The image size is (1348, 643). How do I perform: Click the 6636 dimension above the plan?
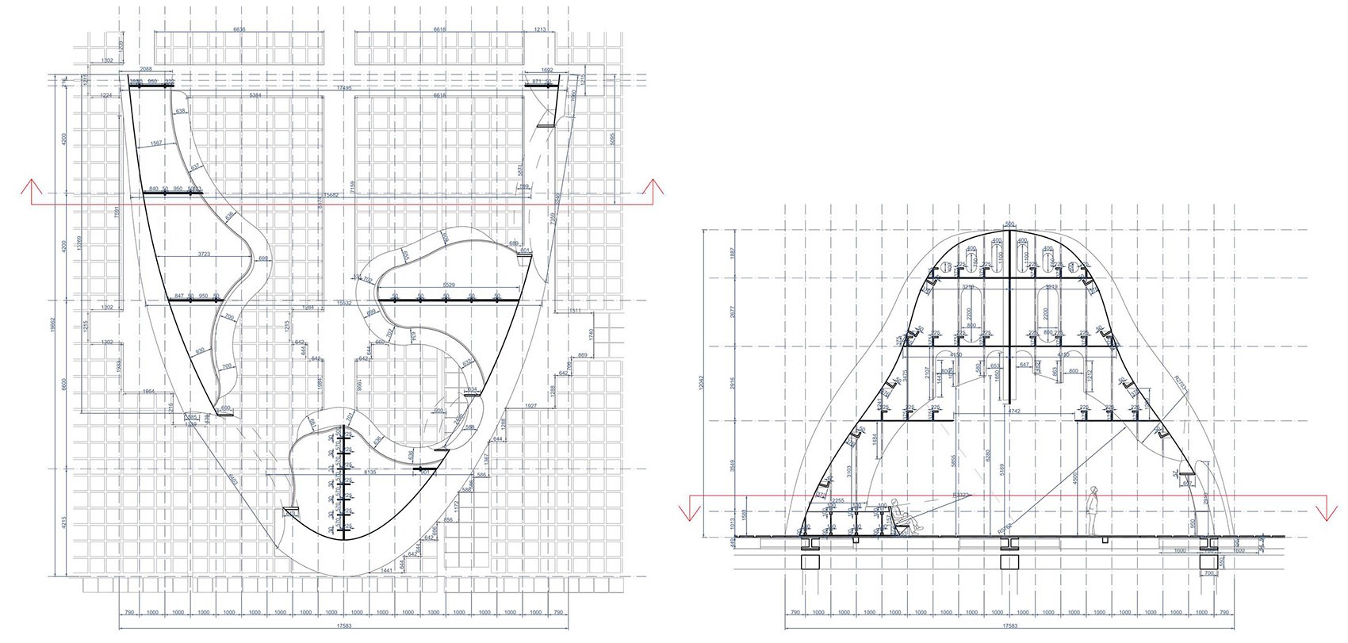[x=239, y=29]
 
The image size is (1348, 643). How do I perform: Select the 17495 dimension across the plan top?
[x=343, y=87]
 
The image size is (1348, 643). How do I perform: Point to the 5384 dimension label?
[x=255, y=95]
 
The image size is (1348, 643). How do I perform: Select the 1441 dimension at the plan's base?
[x=387, y=570]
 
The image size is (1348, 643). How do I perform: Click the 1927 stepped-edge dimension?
[x=530, y=406]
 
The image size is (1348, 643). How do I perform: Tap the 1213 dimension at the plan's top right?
[x=540, y=29]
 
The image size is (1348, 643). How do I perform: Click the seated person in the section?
[x=904, y=516]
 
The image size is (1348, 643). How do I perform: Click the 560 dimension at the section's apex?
[x=1009, y=224]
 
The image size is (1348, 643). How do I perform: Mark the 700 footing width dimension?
[x=1208, y=572]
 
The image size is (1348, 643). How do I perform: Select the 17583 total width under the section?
[x=1009, y=626]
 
